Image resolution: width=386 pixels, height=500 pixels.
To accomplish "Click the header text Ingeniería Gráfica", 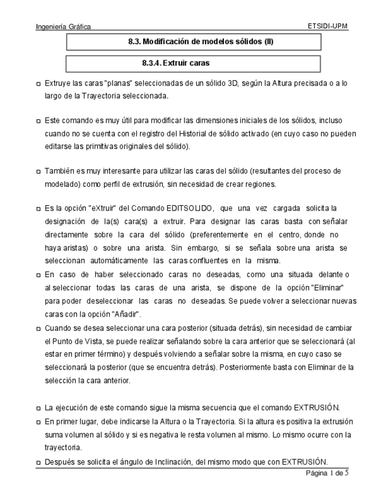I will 63,27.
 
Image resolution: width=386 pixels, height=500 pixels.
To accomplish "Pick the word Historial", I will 180,134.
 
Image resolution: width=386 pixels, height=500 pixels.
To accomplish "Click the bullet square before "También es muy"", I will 38,172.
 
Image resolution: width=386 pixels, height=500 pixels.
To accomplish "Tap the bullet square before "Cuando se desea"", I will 38,328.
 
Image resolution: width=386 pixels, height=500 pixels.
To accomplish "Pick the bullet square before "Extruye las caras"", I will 38,84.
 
